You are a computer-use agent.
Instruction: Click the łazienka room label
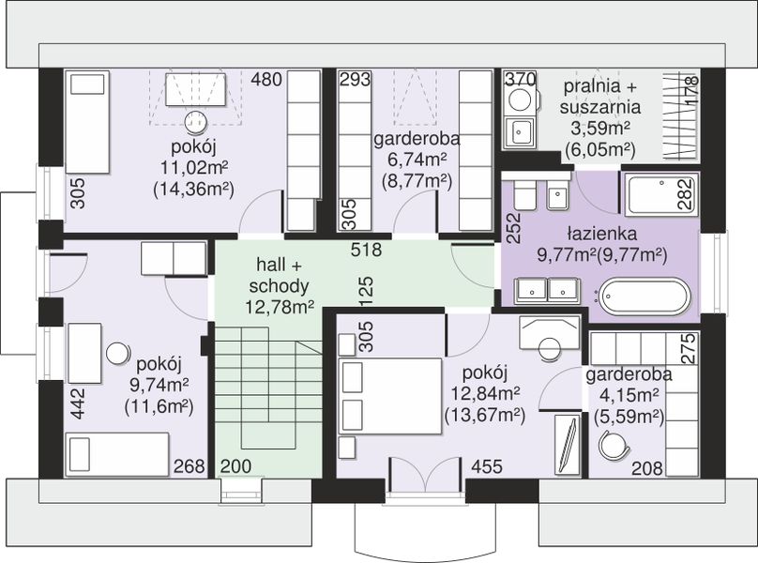pos(602,234)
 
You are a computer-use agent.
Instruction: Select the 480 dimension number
pos(265,80)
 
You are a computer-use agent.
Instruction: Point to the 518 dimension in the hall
pos(366,250)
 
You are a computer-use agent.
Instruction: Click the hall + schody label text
pos(279,276)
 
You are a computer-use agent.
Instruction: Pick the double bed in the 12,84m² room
pos(390,396)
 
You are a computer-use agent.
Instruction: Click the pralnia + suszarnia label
pos(600,97)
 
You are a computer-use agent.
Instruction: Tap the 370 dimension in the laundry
pos(520,79)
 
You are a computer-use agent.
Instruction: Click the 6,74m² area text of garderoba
pos(417,160)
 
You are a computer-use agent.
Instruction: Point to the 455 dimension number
pos(487,466)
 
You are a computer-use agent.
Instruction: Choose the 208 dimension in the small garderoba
pos(646,468)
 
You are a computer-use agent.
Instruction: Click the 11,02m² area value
pos(194,168)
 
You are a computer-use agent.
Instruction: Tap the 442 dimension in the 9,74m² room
pos(77,403)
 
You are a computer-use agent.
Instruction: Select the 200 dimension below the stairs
pos(235,466)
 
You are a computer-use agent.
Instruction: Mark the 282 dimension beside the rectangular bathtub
pos(686,194)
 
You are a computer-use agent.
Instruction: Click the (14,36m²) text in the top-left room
pos(193,190)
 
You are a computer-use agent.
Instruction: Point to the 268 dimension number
pos(189,466)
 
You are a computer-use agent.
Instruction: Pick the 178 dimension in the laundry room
pos(691,89)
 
